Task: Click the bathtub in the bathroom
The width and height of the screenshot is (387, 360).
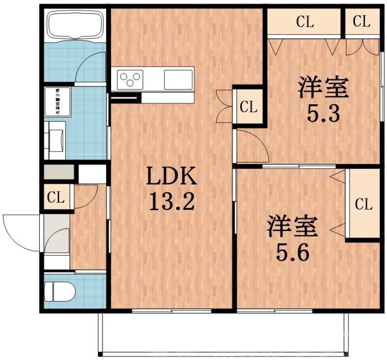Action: click(x=74, y=25)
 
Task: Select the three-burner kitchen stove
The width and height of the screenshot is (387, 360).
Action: click(x=130, y=79)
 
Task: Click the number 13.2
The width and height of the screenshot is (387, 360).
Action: click(x=172, y=200)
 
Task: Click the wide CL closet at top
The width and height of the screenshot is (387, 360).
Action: click(x=304, y=22)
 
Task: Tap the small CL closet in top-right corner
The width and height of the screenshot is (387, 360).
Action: click(x=361, y=22)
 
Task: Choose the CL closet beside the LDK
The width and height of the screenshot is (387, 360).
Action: click(x=248, y=106)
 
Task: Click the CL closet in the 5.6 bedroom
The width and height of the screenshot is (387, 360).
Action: click(x=363, y=204)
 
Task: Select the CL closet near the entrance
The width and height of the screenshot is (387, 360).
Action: click(x=56, y=198)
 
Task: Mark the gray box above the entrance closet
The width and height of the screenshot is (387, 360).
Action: click(x=59, y=173)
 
